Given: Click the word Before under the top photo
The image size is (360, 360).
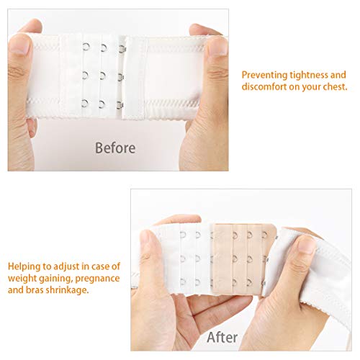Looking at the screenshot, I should click(115, 148).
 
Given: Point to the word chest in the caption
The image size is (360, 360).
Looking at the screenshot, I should click(333, 87).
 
